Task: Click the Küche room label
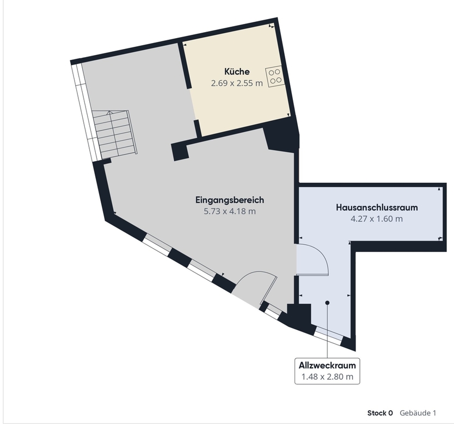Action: (x=237, y=71)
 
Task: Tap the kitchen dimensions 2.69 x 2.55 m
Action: (x=237, y=83)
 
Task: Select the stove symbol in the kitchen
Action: (x=275, y=76)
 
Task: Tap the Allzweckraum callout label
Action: (x=327, y=365)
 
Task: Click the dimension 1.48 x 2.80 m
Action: (x=327, y=376)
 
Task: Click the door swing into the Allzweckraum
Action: (x=314, y=260)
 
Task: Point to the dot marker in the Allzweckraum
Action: (x=327, y=302)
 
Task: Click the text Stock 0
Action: (x=380, y=413)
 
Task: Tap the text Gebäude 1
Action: (x=418, y=413)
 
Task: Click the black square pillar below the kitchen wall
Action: (x=180, y=151)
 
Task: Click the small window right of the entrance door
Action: (x=274, y=311)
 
